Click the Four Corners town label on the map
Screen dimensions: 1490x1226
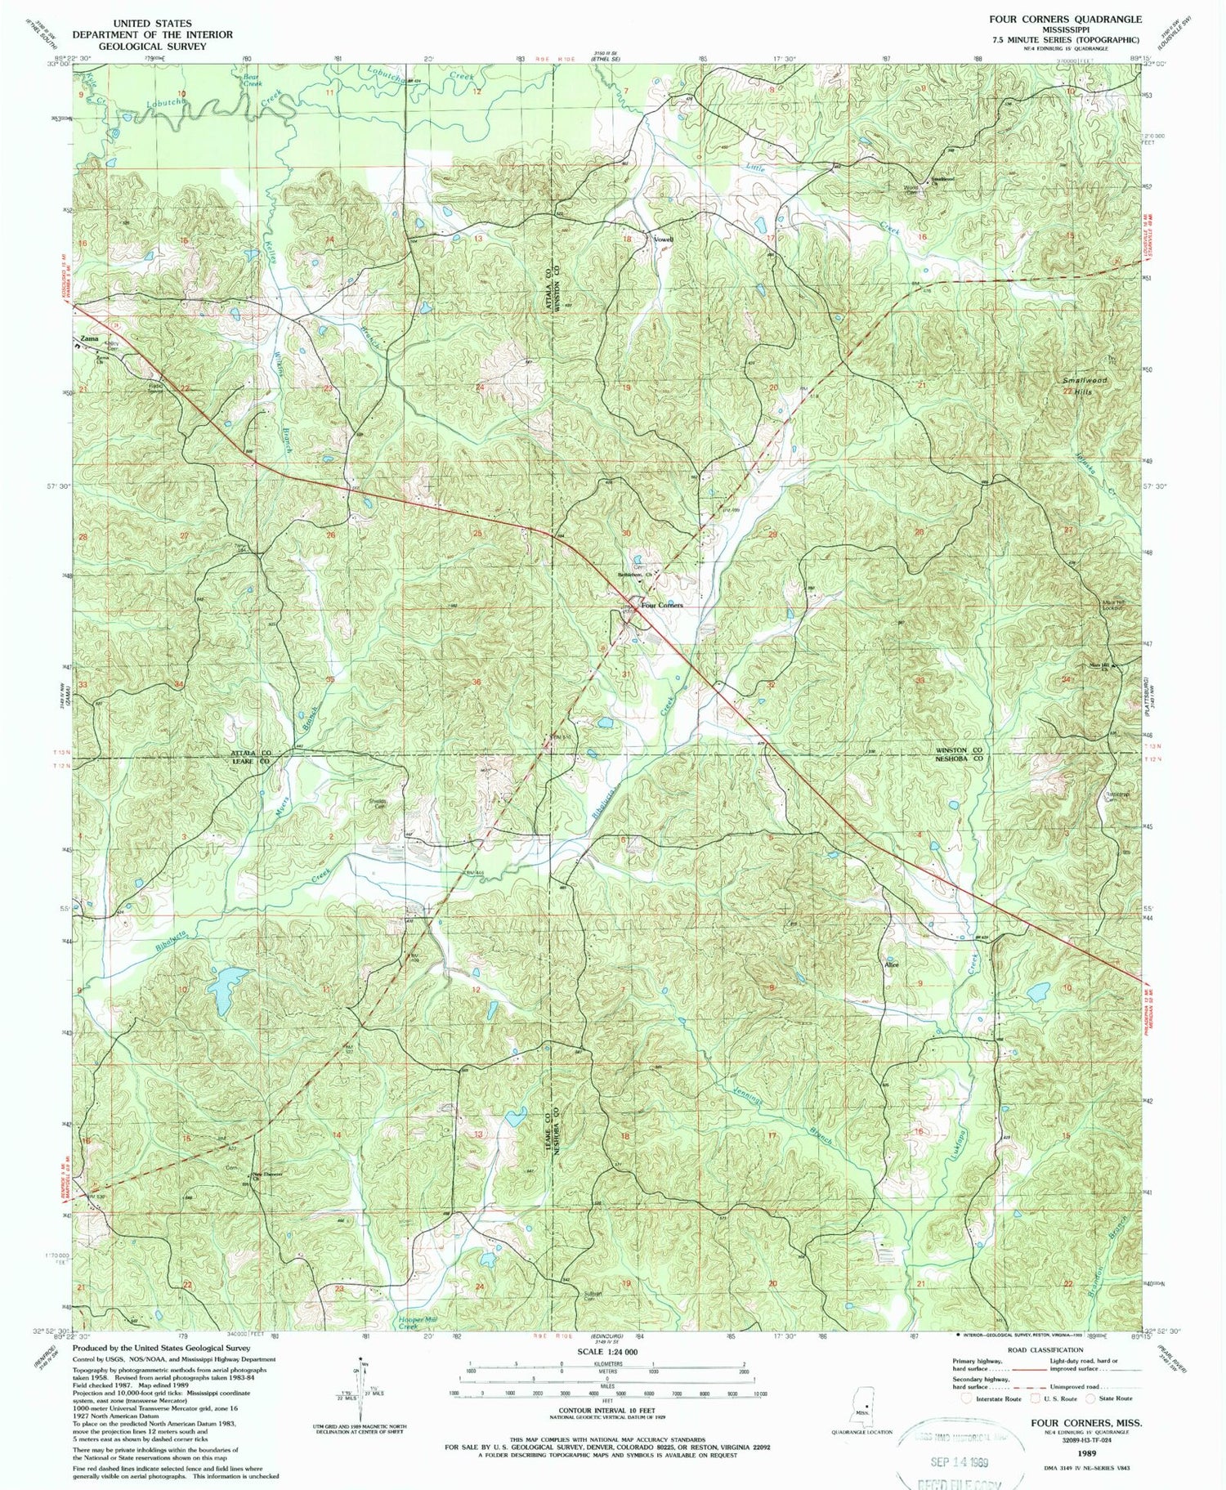coord(662,605)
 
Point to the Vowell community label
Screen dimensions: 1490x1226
coord(663,239)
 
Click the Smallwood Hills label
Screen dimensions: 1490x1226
coord(1085,387)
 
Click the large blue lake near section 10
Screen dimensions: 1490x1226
coord(227,989)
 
